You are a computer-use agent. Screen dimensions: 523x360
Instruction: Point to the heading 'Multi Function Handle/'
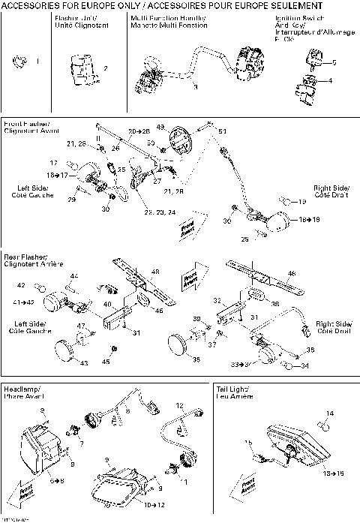(x=160, y=17)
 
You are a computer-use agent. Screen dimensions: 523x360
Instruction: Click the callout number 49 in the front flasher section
(x=160, y=128)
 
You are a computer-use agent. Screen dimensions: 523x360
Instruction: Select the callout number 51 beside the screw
(x=222, y=131)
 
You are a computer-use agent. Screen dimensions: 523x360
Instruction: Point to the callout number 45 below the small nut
(x=106, y=362)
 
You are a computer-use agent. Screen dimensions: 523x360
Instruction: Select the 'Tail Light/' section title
(x=232, y=391)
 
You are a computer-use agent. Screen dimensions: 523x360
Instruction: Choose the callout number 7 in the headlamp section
(x=82, y=443)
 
